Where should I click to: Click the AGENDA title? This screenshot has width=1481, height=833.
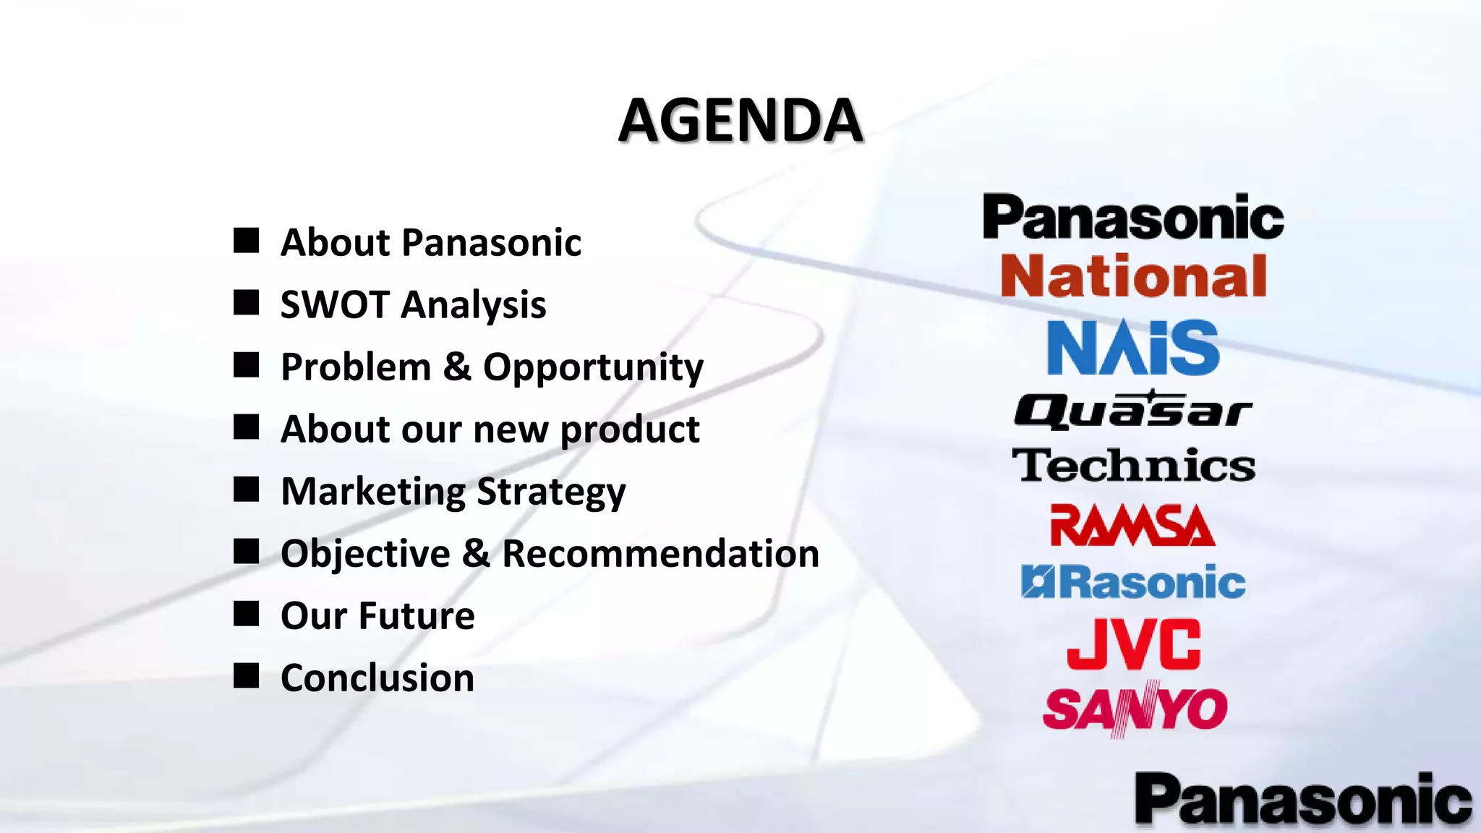740,120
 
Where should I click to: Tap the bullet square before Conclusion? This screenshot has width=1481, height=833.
246,676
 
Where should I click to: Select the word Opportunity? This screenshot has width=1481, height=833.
593,367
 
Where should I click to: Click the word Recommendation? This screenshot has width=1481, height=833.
660,554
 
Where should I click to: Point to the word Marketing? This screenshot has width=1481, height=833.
373,492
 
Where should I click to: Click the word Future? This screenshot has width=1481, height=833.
417,616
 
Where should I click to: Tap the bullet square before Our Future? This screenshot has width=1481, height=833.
246,614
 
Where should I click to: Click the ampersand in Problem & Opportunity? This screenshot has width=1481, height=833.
457,367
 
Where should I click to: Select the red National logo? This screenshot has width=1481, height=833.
1133,276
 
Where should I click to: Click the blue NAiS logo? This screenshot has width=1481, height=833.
1133,349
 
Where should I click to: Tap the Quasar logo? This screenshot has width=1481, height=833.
1133,411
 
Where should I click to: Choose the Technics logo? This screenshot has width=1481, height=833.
1133,465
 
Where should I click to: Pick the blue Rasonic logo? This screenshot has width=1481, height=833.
1133,582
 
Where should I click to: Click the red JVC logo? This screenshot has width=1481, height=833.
1133,644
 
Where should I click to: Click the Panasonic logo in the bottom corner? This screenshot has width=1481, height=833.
1303,800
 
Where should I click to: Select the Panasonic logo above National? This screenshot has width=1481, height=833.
1133,218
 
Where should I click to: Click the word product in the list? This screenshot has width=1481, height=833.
630,430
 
